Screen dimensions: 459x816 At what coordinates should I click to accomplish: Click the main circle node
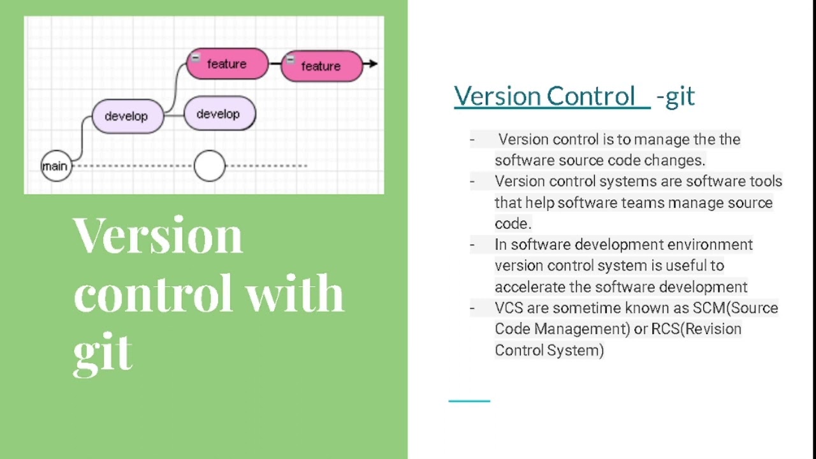[x=55, y=166]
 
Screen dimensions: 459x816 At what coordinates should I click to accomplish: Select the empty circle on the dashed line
[x=209, y=166]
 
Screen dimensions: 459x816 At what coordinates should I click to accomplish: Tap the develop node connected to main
[x=127, y=116]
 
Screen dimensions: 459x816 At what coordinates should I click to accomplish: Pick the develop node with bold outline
[x=219, y=114]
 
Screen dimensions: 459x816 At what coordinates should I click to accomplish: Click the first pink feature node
[x=227, y=64]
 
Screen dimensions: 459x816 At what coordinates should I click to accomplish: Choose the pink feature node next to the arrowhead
[x=321, y=66]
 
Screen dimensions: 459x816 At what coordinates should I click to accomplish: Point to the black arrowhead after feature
[x=373, y=64]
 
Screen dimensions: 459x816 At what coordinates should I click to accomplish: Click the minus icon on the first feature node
[x=196, y=57]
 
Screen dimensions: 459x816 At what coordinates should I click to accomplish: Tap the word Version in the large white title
[x=158, y=235]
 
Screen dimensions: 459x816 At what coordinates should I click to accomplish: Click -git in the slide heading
[x=675, y=96]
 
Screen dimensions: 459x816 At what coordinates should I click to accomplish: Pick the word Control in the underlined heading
[x=590, y=96]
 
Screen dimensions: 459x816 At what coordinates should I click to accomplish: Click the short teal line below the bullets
[x=469, y=401]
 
